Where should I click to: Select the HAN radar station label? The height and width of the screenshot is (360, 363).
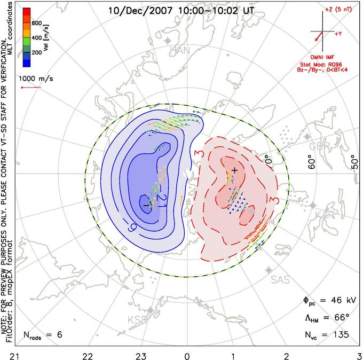pos(179,50)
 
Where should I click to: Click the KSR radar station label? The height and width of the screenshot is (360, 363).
pos(137,319)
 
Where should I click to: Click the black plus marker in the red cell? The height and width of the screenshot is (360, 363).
pos(234,169)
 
